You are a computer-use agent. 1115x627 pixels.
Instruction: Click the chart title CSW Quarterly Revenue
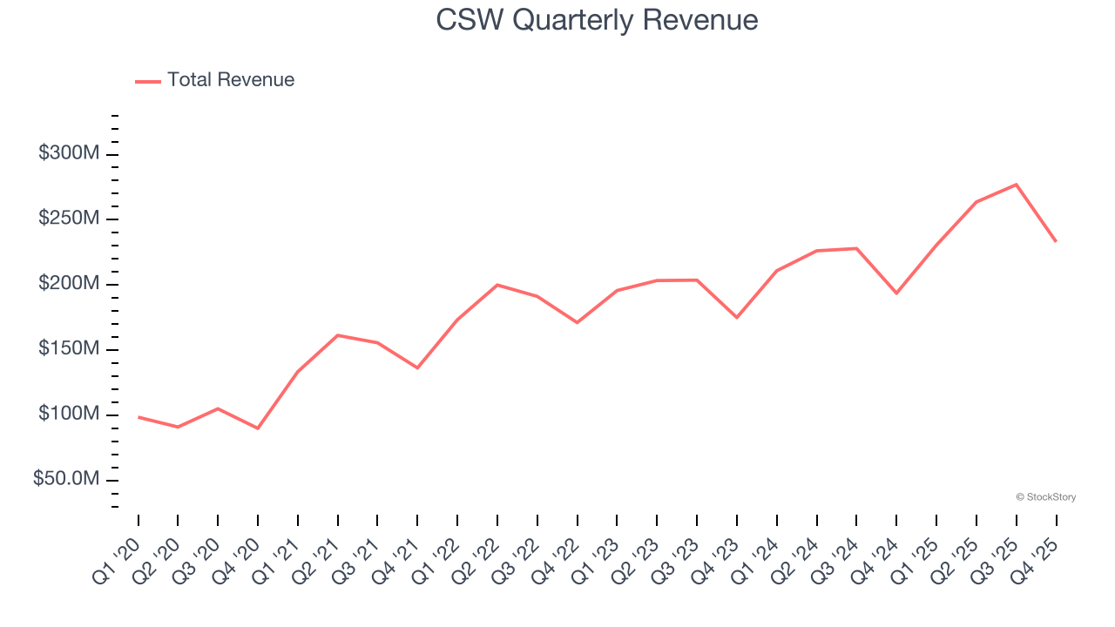click(597, 20)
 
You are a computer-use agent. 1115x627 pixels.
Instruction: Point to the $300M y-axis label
click(69, 154)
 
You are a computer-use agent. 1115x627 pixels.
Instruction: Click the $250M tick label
click(69, 219)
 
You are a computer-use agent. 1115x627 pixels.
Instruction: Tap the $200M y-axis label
click(69, 284)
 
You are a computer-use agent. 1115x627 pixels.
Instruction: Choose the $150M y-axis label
click(69, 349)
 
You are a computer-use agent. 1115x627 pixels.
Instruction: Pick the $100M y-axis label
click(69, 415)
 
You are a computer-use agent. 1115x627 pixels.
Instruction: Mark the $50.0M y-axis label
click(66, 480)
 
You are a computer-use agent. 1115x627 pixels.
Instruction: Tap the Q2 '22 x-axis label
click(476, 549)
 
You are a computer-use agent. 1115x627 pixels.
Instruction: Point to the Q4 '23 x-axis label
click(716, 549)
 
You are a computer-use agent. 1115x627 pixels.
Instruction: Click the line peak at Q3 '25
click(1017, 185)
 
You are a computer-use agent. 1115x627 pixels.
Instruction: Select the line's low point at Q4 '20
click(258, 428)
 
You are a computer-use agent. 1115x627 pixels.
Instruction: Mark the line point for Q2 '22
click(497, 285)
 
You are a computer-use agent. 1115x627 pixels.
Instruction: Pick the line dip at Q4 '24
click(896, 293)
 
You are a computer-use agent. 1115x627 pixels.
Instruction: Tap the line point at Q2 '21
click(337, 335)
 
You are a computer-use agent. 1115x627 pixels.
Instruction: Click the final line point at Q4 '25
click(1056, 241)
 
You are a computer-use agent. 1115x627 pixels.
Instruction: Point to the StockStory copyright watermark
click(1046, 497)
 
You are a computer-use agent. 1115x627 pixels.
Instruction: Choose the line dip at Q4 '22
click(577, 323)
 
